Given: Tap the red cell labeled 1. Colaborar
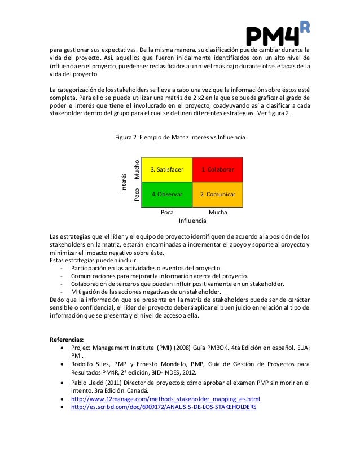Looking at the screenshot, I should point(218,169).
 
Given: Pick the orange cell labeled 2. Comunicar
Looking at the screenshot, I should point(218,194).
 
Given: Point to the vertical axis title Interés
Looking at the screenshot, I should point(124,182).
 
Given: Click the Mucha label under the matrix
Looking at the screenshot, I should point(218,212).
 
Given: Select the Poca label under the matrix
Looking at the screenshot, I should point(167,212).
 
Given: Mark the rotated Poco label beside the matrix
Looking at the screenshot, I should point(136,195).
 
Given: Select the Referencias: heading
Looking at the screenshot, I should point(67,340).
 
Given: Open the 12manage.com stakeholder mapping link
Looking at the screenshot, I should point(166,398).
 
